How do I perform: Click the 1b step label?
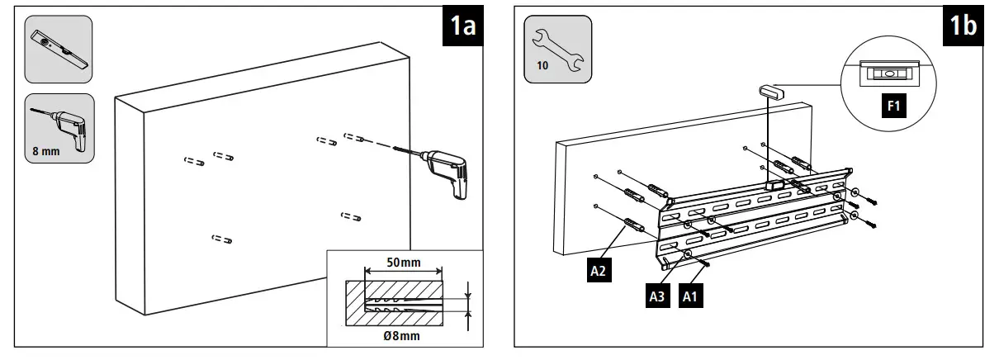click(x=962, y=26)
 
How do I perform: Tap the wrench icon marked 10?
click(x=558, y=50)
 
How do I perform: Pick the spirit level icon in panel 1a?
click(x=58, y=50)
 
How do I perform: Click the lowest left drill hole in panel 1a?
click(x=221, y=239)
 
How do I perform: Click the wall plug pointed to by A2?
click(x=633, y=225)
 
